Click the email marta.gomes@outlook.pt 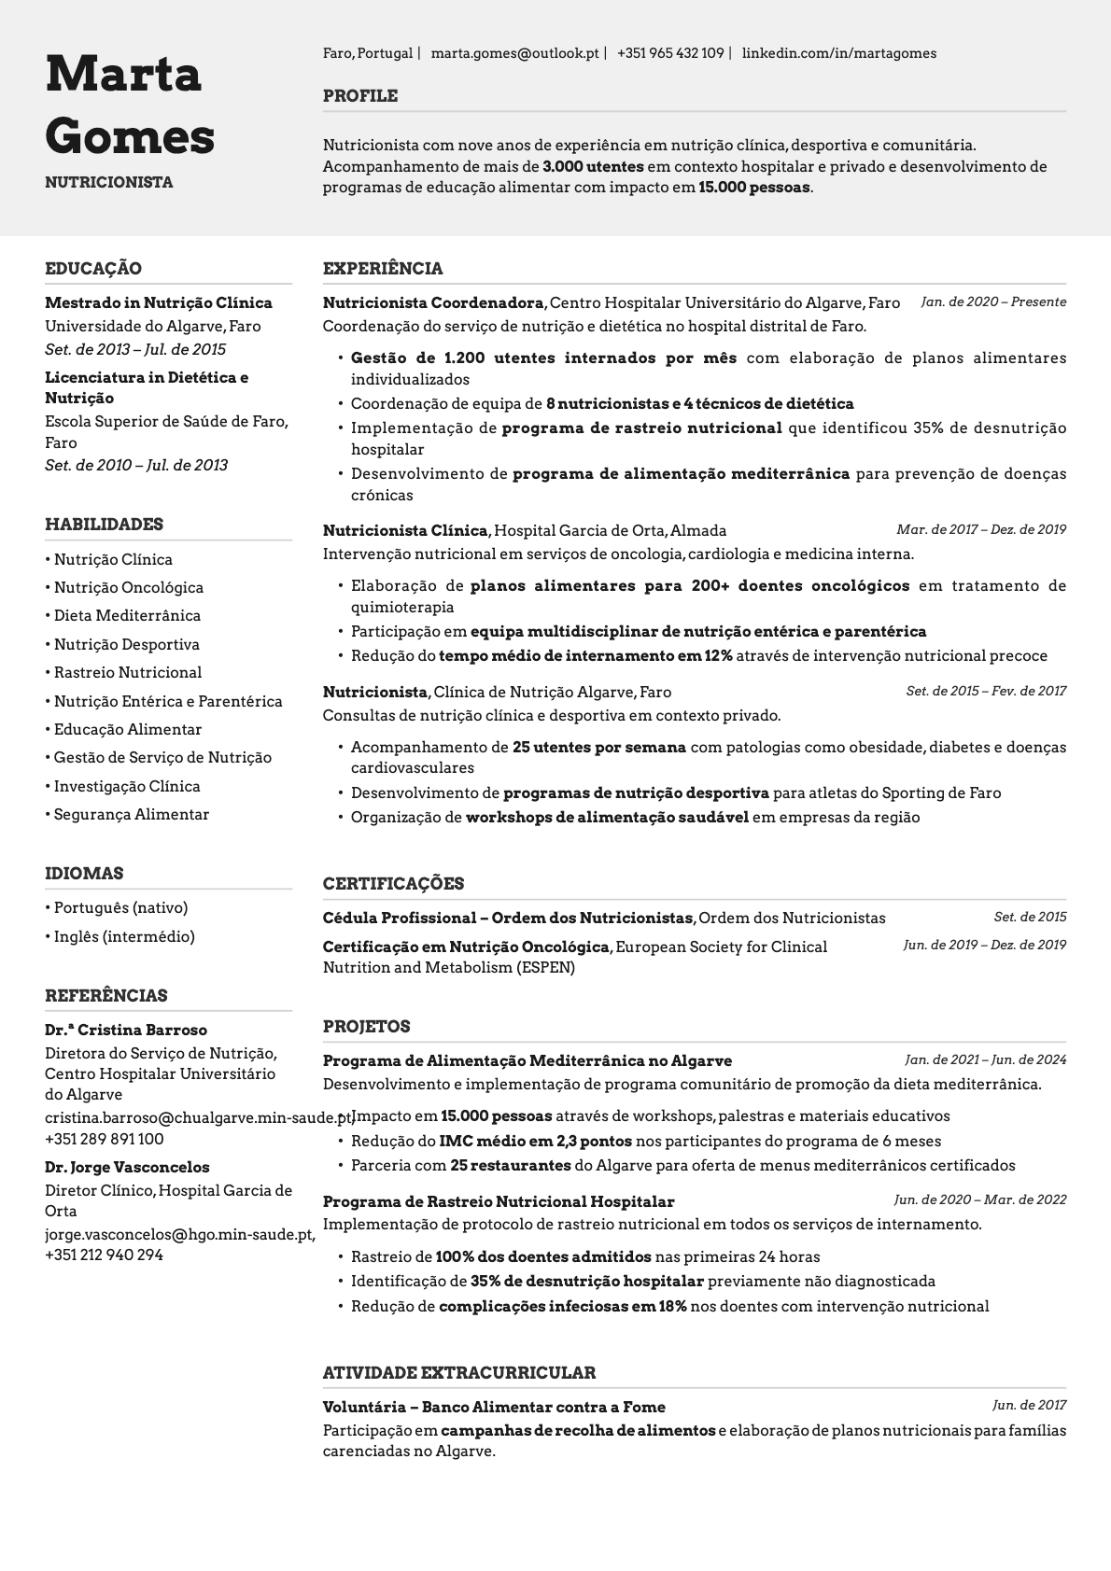[x=514, y=53]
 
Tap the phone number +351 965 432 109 [x=669, y=53]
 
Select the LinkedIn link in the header [x=838, y=53]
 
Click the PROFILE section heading [x=360, y=96]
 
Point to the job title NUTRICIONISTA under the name [x=109, y=182]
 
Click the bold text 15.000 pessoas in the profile [x=753, y=188]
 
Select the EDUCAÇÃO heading [x=93, y=269]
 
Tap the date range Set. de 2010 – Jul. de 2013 [x=136, y=466]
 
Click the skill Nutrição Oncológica [x=129, y=588]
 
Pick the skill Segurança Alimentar [x=132, y=815]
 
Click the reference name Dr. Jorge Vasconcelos [x=127, y=1168]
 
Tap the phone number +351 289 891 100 [x=105, y=1140]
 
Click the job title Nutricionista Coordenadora [x=433, y=303]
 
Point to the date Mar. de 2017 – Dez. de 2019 [x=981, y=530]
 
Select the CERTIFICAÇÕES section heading [x=393, y=884]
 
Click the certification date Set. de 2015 [x=1030, y=918]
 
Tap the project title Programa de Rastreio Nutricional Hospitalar [x=499, y=1202]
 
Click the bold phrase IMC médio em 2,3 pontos [x=535, y=1142]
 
